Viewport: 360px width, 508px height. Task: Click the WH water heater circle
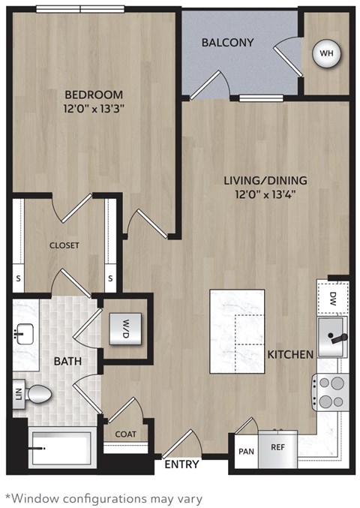coord(326,53)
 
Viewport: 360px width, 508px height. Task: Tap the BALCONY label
coord(227,43)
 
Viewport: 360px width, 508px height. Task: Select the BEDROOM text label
coord(93,95)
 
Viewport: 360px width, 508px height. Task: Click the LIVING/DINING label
coord(265,181)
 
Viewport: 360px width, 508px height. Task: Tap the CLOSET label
coord(64,245)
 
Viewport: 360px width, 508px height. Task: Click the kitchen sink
coord(332,336)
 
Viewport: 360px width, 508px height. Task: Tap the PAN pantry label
coord(245,452)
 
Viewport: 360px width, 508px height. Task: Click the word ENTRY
coord(181,464)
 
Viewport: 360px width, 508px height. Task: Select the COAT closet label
coord(125,434)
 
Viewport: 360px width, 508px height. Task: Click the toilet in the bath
coord(37,393)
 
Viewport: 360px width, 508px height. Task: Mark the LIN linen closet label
coord(16,394)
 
